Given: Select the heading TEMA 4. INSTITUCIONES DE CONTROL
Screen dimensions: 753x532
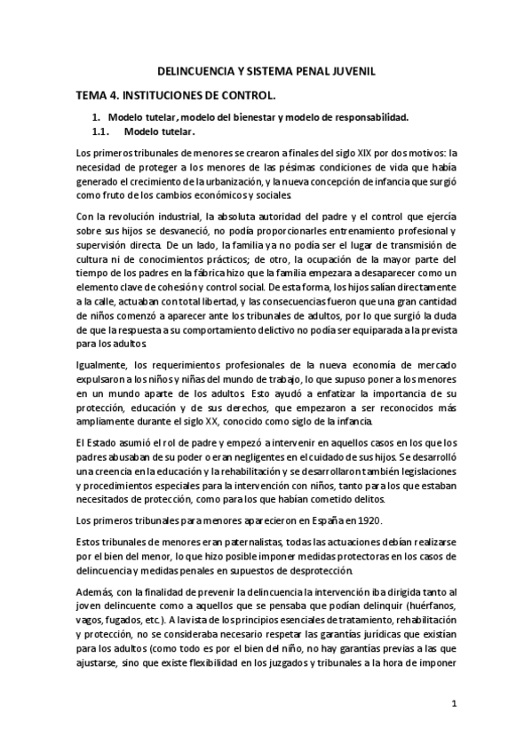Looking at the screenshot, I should pos(174,93).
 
